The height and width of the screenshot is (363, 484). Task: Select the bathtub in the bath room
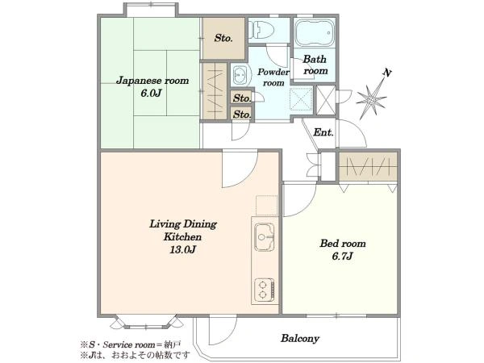point(314,33)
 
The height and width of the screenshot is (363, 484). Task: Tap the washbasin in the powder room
point(240,75)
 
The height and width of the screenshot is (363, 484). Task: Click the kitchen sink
point(265,236)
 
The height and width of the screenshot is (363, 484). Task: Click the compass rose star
point(371,99)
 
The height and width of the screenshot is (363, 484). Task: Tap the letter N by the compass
point(387,73)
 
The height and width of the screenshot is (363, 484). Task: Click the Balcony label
point(300,338)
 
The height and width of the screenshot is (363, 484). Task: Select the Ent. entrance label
point(323,133)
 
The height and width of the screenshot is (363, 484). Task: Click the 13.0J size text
point(183,250)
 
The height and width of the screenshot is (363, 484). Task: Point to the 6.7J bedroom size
point(342,257)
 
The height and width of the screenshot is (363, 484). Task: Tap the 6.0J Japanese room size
point(152,94)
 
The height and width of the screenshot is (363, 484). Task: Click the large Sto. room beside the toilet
point(223,38)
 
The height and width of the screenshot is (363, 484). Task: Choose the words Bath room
point(315,65)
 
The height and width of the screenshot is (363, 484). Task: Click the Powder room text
point(273,77)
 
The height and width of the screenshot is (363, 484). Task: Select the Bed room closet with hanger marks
point(368,166)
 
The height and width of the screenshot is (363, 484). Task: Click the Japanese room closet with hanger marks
point(215,91)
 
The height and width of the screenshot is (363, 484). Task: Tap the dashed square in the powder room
point(301,98)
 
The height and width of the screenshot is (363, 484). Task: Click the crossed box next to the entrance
point(326,101)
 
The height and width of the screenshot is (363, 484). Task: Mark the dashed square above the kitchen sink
point(267,206)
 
